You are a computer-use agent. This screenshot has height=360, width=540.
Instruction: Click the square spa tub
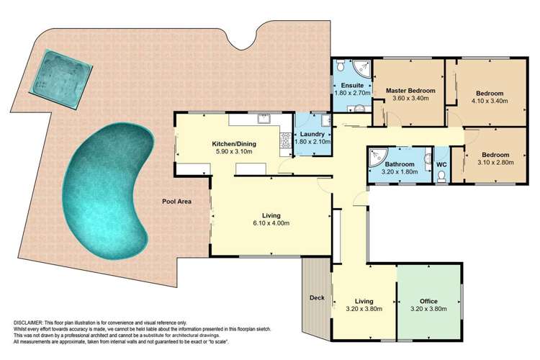point(61,79)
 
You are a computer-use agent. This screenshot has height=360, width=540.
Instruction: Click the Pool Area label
point(176,202)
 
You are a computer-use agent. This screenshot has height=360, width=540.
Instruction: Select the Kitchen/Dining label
point(234,144)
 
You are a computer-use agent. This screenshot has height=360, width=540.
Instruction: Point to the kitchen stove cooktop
point(286,140)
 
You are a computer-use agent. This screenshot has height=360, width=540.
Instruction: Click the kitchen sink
point(264,119)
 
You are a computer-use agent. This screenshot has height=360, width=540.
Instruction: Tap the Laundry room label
point(312,134)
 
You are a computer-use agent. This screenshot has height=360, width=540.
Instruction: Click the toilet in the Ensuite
point(341,66)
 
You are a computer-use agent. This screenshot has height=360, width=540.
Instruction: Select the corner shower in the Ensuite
point(362,68)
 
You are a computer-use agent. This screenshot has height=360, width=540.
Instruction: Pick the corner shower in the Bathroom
point(377,157)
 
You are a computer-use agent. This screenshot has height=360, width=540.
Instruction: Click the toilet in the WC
point(441,176)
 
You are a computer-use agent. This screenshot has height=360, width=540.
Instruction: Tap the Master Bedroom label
point(410,91)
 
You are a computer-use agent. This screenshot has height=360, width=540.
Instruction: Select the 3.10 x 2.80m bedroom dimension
point(495,162)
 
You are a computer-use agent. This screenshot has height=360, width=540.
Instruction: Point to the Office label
point(428,302)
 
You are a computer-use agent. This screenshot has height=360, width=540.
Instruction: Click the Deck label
point(317,297)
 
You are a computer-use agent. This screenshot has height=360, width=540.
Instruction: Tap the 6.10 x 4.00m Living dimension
point(271,223)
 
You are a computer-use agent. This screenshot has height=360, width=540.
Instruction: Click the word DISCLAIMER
point(27,323)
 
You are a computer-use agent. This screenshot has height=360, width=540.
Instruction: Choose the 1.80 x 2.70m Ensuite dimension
point(353,93)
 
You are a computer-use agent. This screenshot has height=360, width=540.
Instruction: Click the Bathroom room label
point(400,164)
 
